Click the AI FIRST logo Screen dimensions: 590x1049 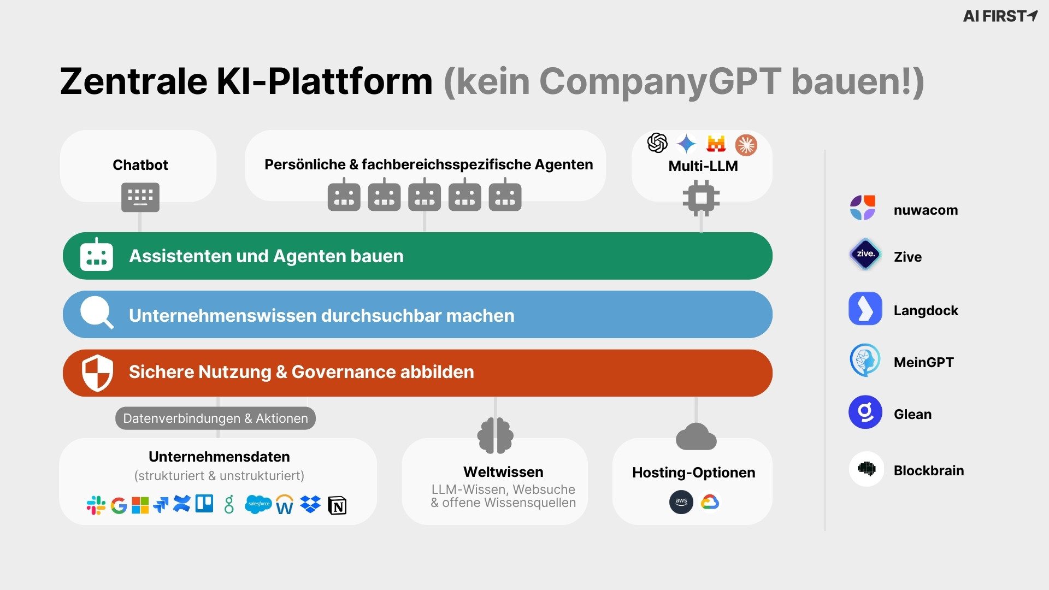click(1000, 16)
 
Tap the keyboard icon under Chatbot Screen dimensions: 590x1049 click(140, 197)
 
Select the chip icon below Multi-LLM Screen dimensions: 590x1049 click(701, 198)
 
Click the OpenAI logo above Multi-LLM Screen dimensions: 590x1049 click(657, 143)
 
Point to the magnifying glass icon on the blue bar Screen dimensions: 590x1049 click(97, 312)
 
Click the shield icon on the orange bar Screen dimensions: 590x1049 click(97, 373)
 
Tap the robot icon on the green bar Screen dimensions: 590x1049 click(97, 256)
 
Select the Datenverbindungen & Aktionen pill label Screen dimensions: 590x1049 click(215, 418)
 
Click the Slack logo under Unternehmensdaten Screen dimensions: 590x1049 click(96, 505)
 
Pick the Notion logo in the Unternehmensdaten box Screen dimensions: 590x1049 click(337, 506)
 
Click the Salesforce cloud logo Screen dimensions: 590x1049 click(258, 504)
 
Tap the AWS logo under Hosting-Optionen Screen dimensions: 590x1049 click(681, 502)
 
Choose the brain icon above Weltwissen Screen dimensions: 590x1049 click(495, 435)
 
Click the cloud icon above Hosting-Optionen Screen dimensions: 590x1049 click(696, 437)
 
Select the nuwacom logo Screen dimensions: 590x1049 click(863, 208)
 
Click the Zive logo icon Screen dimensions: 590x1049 click(865, 254)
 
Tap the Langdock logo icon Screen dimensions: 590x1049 click(865, 309)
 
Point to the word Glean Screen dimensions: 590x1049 click(912, 414)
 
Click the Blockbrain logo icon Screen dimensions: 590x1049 click(866, 469)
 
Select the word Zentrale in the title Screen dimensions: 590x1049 click(133, 81)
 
